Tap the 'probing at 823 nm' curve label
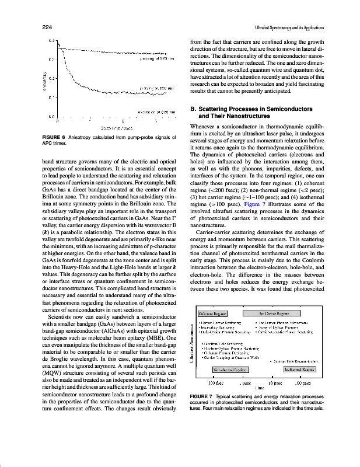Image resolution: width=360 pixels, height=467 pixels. pos(158,58)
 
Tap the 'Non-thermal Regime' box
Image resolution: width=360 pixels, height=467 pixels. pos(229,369)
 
